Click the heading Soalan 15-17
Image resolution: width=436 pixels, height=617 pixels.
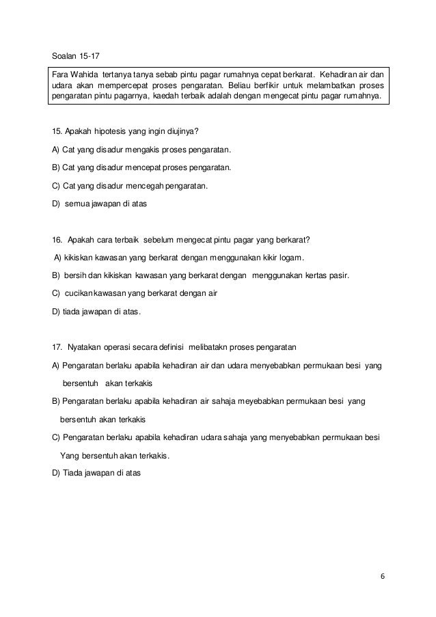tap(79, 55)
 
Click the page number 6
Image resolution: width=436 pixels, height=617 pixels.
tap(383, 576)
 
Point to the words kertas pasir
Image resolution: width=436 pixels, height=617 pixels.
tap(325, 275)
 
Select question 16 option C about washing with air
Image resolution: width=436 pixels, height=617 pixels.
tap(131, 293)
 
